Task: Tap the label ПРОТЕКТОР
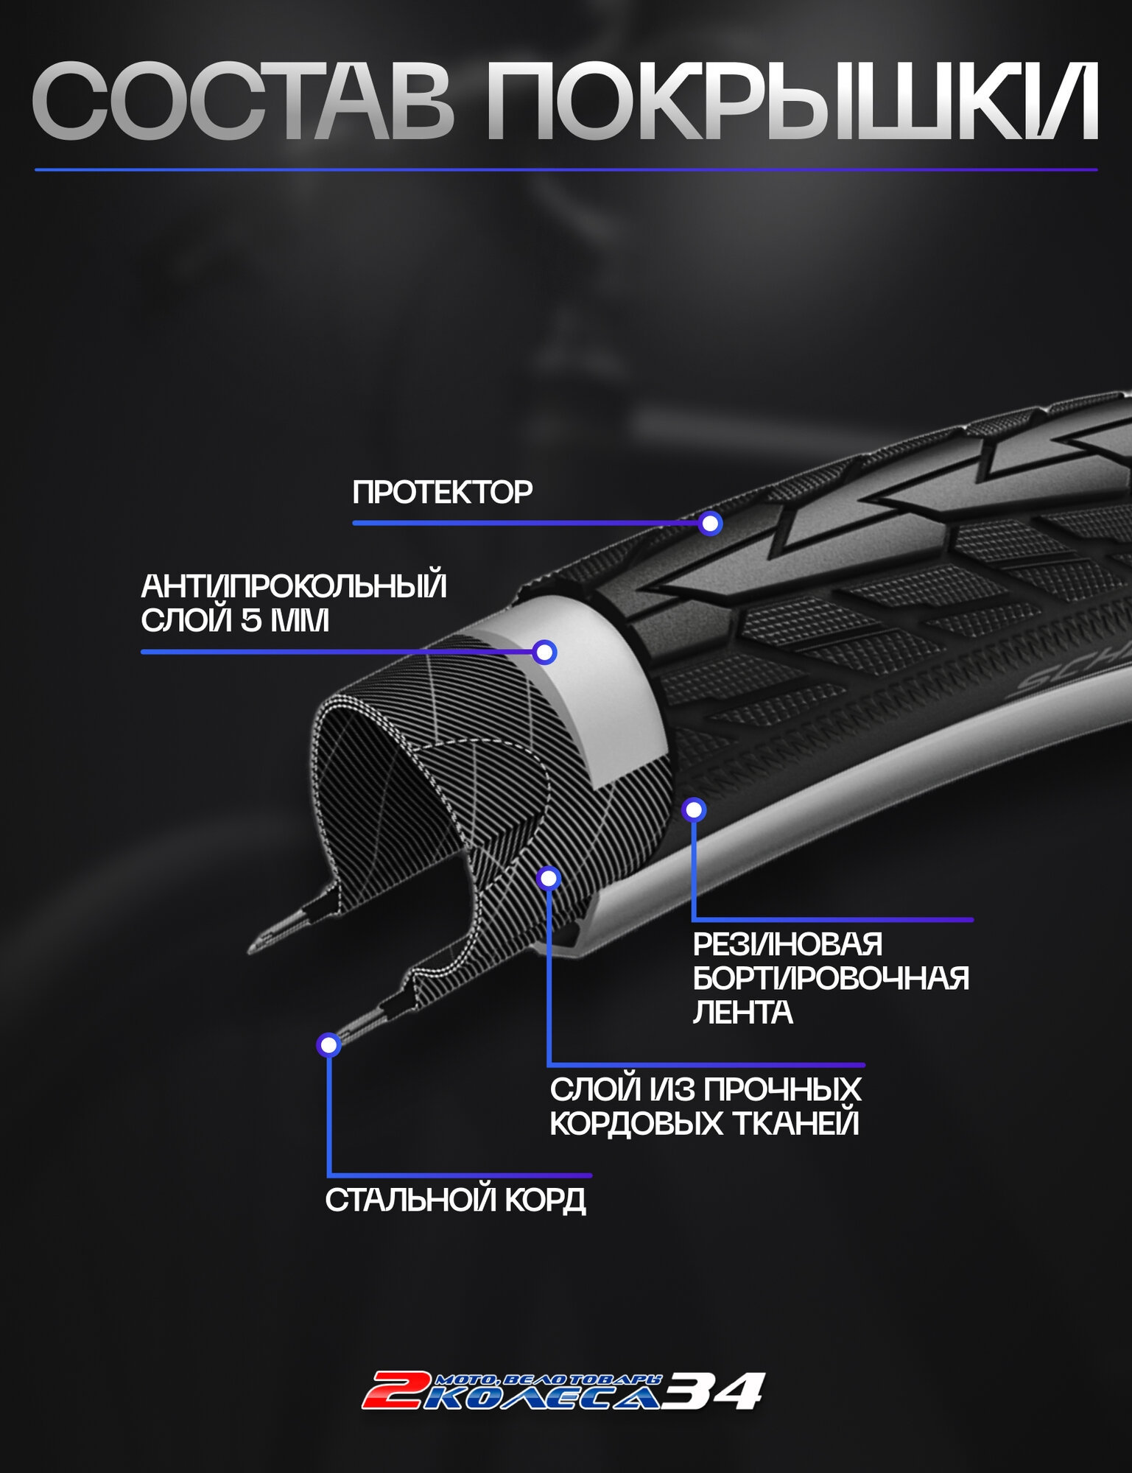(442, 492)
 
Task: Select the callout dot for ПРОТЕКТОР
(710, 524)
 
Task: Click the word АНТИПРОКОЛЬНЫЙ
(294, 586)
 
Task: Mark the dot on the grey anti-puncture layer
(544, 652)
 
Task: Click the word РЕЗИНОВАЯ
(787, 944)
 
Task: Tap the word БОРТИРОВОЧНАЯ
(831, 978)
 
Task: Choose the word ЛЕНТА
(742, 1012)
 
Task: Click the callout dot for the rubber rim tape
(694, 810)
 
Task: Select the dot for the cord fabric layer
(549, 878)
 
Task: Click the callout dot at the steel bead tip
(328, 1044)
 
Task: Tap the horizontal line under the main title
(566, 170)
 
